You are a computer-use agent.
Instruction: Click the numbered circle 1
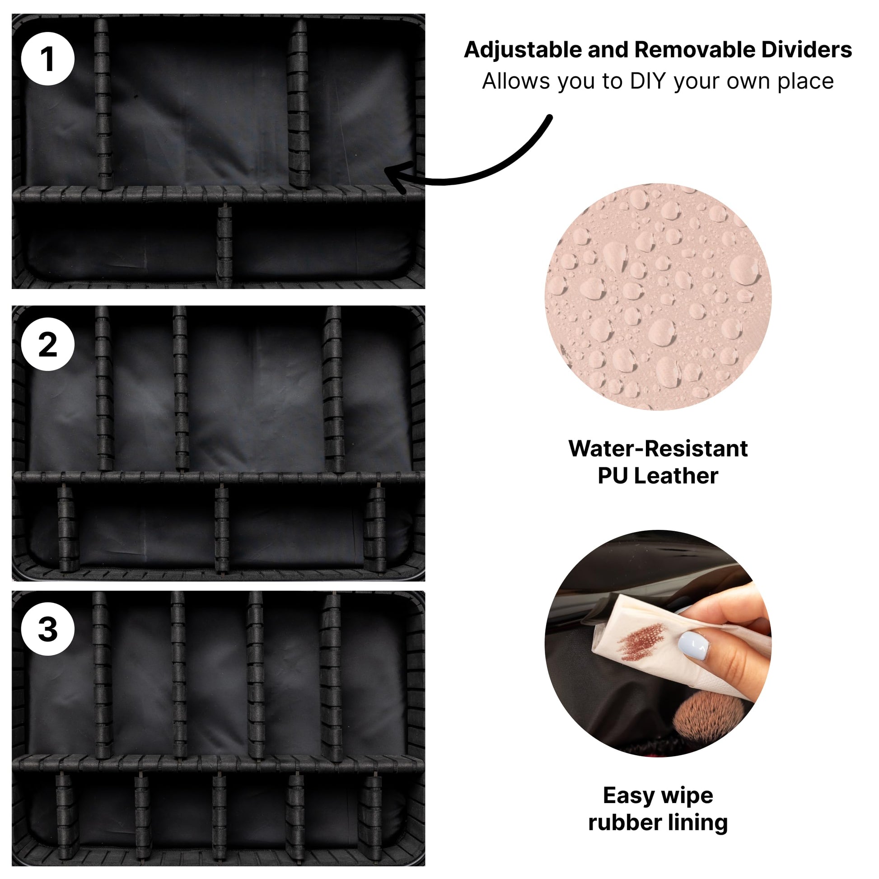[x=48, y=59]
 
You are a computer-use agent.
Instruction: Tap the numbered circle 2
[x=48, y=344]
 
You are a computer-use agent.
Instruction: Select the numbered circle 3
[x=48, y=629]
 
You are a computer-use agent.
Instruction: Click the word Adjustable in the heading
[x=523, y=50]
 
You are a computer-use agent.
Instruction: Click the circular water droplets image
[x=658, y=297]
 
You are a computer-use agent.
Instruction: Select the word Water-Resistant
[x=658, y=448]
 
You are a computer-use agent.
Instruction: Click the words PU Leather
[x=658, y=476]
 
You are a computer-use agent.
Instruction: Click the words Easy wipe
[x=658, y=795]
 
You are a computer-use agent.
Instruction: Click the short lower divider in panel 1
[x=224, y=246]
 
